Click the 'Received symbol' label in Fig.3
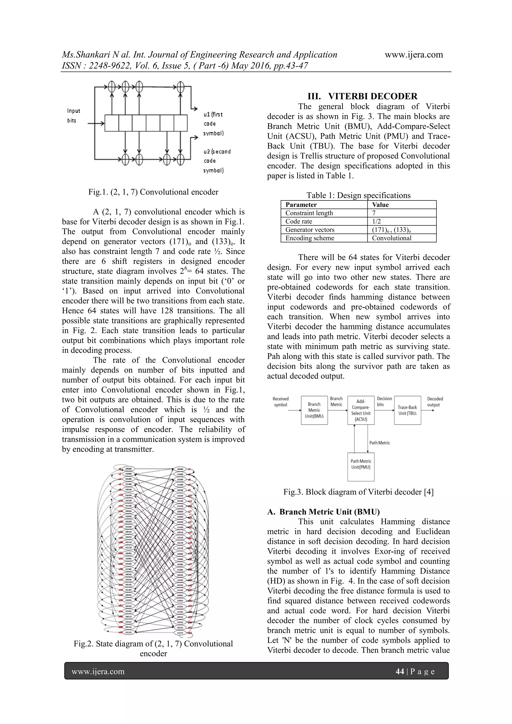pos(280,402)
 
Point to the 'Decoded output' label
pos(435,402)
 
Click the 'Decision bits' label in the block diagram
pos(384,401)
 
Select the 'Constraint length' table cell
pos(309,213)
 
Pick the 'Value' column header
pos(380,205)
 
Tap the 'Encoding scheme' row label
pos(310,238)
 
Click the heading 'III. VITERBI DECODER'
pos(362,96)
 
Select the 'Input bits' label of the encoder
pos(73,115)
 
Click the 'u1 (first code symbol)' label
pos(213,124)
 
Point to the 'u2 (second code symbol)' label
pos(217,161)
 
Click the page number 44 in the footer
pos(400,671)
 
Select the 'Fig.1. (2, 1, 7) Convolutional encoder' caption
pos(153,192)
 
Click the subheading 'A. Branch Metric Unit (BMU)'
pos(323,512)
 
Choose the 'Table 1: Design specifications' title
pos(358,195)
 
